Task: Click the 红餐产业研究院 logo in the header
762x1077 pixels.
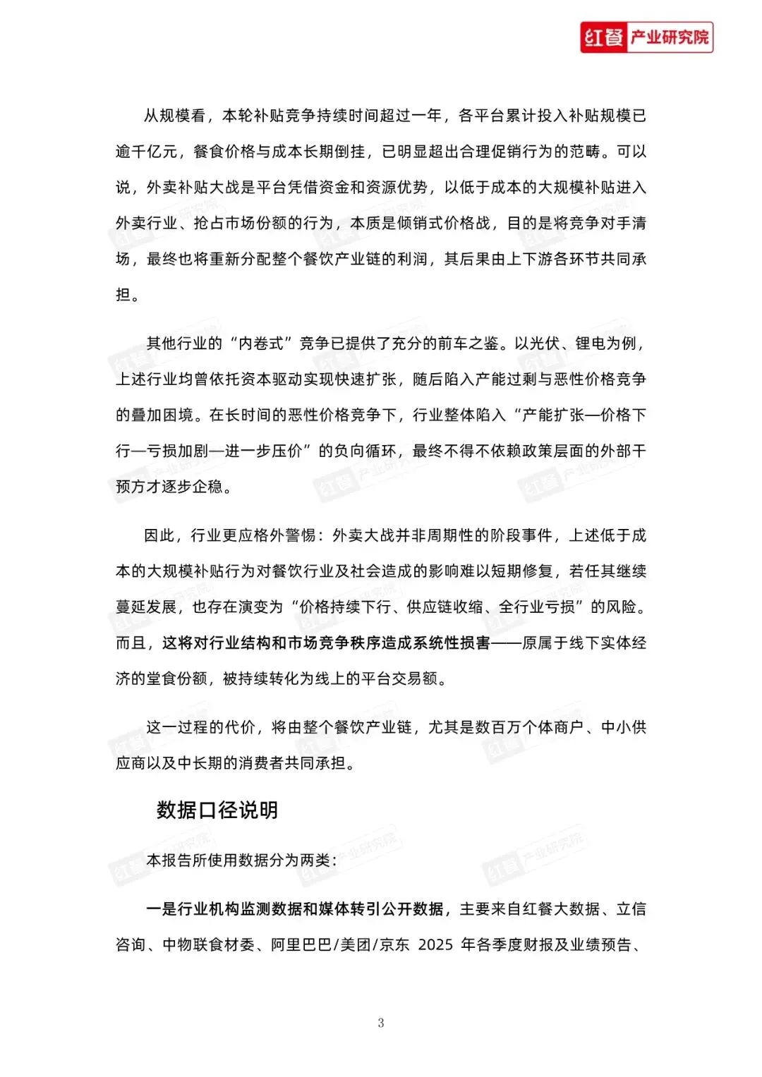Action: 646,37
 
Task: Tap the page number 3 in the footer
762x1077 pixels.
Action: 381,1023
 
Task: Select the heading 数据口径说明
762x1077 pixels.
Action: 217,810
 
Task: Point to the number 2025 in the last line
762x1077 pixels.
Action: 435,945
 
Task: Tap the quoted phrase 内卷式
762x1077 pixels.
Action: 261,343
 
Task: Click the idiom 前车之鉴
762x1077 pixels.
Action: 468,343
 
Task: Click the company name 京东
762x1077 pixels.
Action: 394,945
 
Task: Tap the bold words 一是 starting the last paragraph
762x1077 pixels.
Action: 161,909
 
